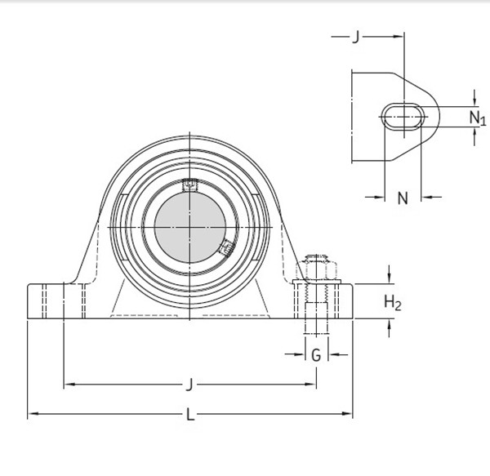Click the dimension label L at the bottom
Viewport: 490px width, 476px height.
point(190,415)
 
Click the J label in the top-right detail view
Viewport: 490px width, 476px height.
point(355,37)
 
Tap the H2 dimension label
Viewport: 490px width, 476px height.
point(393,304)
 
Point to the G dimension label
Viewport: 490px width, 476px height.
point(316,354)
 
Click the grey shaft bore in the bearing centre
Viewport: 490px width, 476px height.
point(189,224)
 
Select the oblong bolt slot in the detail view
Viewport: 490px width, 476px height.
point(403,117)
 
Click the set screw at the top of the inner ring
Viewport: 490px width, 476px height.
point(189,185)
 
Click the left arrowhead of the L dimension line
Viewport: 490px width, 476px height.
point(32,415)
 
